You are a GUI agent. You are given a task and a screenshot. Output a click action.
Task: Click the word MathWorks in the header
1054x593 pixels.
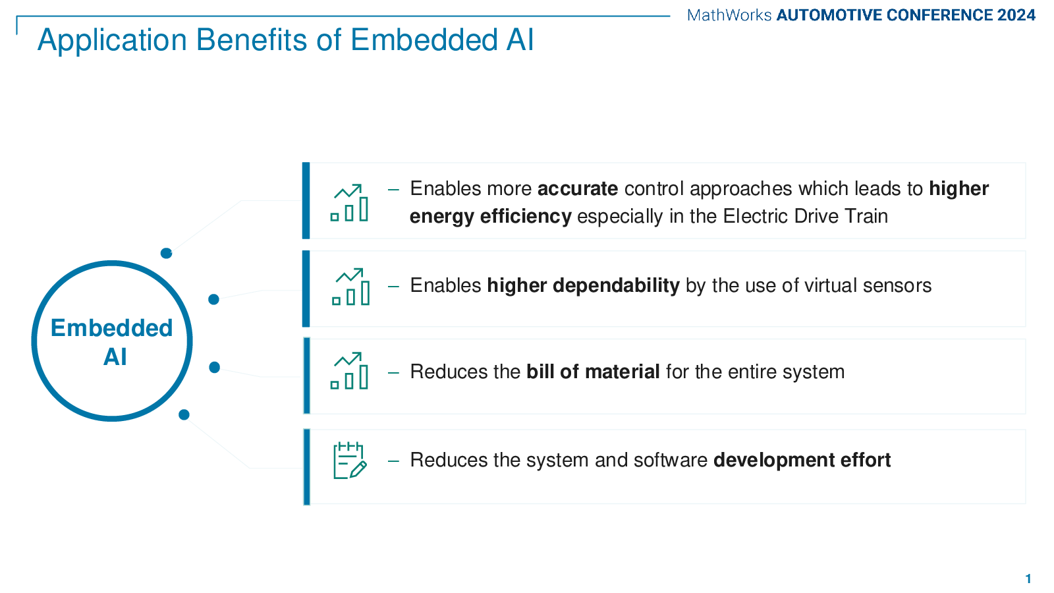coord(729,15)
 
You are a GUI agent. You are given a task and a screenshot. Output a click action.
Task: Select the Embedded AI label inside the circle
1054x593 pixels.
coord(112,342)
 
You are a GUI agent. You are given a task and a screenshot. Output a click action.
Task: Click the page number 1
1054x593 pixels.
coord(1028,579)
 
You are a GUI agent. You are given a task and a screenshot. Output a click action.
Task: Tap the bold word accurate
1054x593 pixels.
coord(577,188)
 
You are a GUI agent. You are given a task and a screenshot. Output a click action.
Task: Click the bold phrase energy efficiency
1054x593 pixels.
coord(490,217)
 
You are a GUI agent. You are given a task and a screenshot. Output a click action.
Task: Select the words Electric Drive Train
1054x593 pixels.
coord(805,217)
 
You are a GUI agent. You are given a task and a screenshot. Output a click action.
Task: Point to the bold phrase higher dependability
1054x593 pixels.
coord(583,286)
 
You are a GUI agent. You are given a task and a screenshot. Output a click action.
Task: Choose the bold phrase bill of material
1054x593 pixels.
coord(593,372)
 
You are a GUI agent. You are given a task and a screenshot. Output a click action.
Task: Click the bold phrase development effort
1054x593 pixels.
coord(802,461)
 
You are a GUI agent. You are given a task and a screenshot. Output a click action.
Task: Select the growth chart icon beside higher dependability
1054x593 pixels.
coord(350,287)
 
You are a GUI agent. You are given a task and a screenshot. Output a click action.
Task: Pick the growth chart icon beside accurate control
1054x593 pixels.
coord(349,203)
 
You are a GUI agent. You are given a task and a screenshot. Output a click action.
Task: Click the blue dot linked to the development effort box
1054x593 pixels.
coord(184,414)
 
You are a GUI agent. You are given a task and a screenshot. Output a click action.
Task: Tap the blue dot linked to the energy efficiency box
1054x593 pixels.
coord(166,253)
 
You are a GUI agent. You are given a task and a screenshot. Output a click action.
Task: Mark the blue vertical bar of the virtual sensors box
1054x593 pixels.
coord(306,289)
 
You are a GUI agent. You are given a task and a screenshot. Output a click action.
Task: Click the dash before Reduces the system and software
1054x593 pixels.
coord(393,461)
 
